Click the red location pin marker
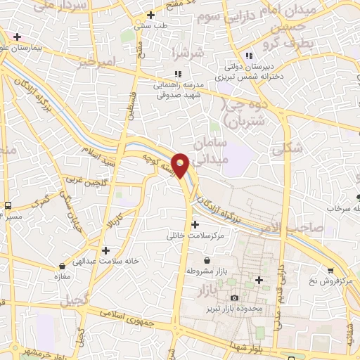tap(181, 165)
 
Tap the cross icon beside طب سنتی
tap(150, 15)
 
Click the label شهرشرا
tap(186, 53)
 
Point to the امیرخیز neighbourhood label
tap(96, 62)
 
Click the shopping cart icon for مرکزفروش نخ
tap(330, 269)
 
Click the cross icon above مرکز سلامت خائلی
tap(195, 224)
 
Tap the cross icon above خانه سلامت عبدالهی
tap(105, 250)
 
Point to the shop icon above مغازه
tap(64, 266)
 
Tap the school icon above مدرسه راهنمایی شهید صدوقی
tap(179, 73)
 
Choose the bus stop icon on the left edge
tap(8, 205)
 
